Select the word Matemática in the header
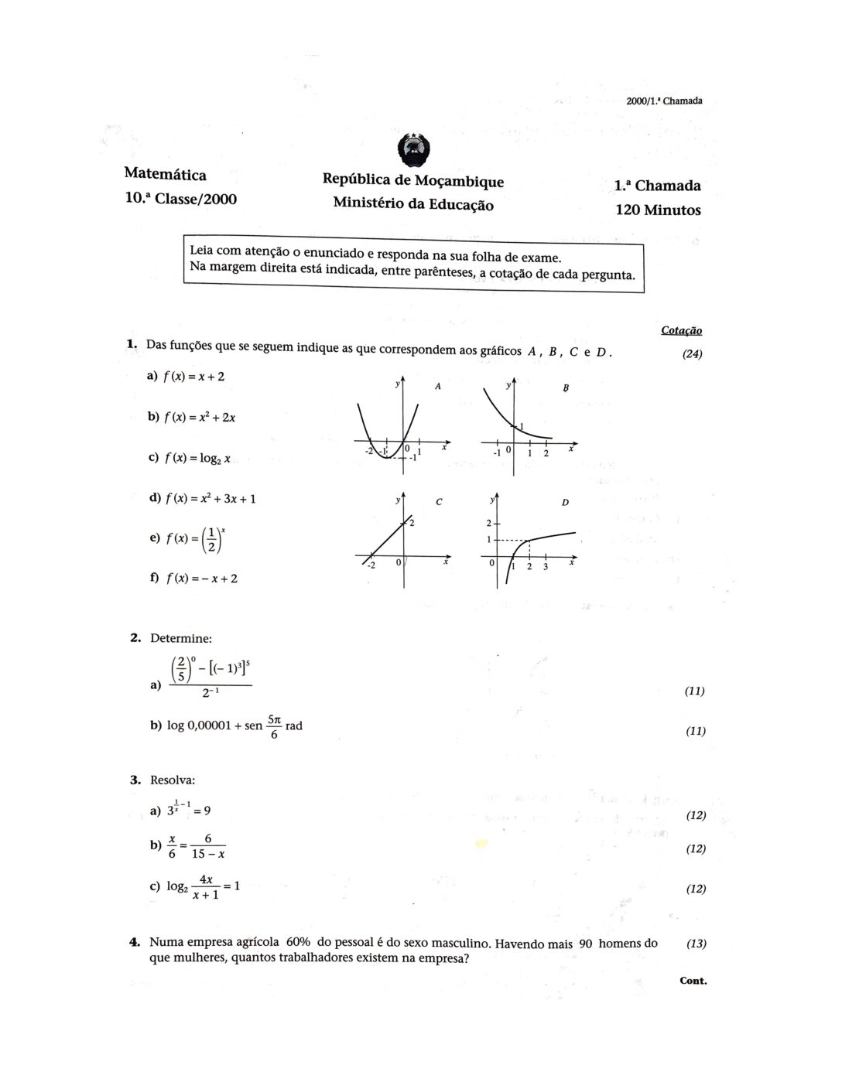tap(165, 175)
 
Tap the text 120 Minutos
tap(658, 210)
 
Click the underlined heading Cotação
tap(681, 330)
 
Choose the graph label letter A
tap(437, 386)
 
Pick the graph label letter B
tap(566, 388)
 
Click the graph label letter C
tap(439, 502)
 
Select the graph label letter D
tap(565, 503)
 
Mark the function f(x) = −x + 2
tap(200, 579)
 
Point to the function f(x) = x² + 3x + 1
tap(209, 498)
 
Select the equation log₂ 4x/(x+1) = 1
tap(203, 887)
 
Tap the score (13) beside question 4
tap(696, 943)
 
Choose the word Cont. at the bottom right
tap(693, 981)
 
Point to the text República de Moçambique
tap(412, 181)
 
